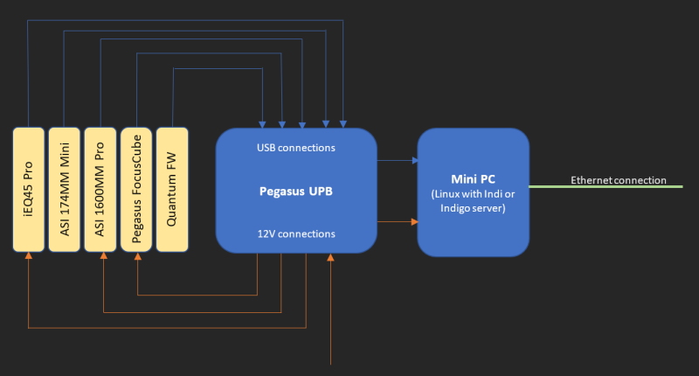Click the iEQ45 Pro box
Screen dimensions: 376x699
click(29, 189)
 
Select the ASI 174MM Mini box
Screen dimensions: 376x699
click(65, 189)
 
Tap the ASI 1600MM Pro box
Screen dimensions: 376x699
click(100, 189)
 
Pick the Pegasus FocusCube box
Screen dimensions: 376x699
click(136, 189)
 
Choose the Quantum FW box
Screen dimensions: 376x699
click(172, 189)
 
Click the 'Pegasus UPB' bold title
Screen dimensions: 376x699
click(296, 190)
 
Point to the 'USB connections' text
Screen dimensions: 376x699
click(296, 148)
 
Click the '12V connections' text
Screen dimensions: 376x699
click(296, 233)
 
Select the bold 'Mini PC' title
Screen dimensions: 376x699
click(473, 178)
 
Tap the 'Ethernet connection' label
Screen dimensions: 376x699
click(618, 180)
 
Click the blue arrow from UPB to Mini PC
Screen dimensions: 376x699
click(398, 160)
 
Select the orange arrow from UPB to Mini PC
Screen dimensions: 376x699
click(398, 221)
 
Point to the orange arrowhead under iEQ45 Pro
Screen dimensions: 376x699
click(29, 256)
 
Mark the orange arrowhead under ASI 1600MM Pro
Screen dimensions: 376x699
click(103, 256)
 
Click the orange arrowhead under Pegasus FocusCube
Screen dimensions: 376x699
click(137, 256)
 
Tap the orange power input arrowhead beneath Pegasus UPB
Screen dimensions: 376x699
click(330, 257)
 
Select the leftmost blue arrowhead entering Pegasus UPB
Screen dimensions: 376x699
click(262, 122)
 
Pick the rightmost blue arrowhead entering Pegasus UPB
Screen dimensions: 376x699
click(343, 122)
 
